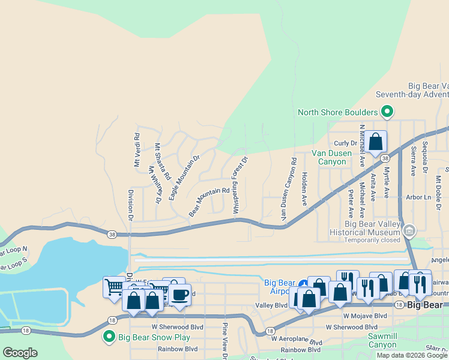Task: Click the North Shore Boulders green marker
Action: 387,112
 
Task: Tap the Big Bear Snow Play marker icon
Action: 109,337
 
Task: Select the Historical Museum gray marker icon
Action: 409,230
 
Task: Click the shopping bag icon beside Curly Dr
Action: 376,142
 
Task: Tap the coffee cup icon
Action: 179,295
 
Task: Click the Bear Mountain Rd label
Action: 209,202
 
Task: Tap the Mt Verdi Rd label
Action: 136,150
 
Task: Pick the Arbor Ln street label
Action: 418,197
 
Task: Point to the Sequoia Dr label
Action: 425,158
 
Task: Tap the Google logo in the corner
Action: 20,353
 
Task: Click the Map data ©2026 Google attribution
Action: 412,355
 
